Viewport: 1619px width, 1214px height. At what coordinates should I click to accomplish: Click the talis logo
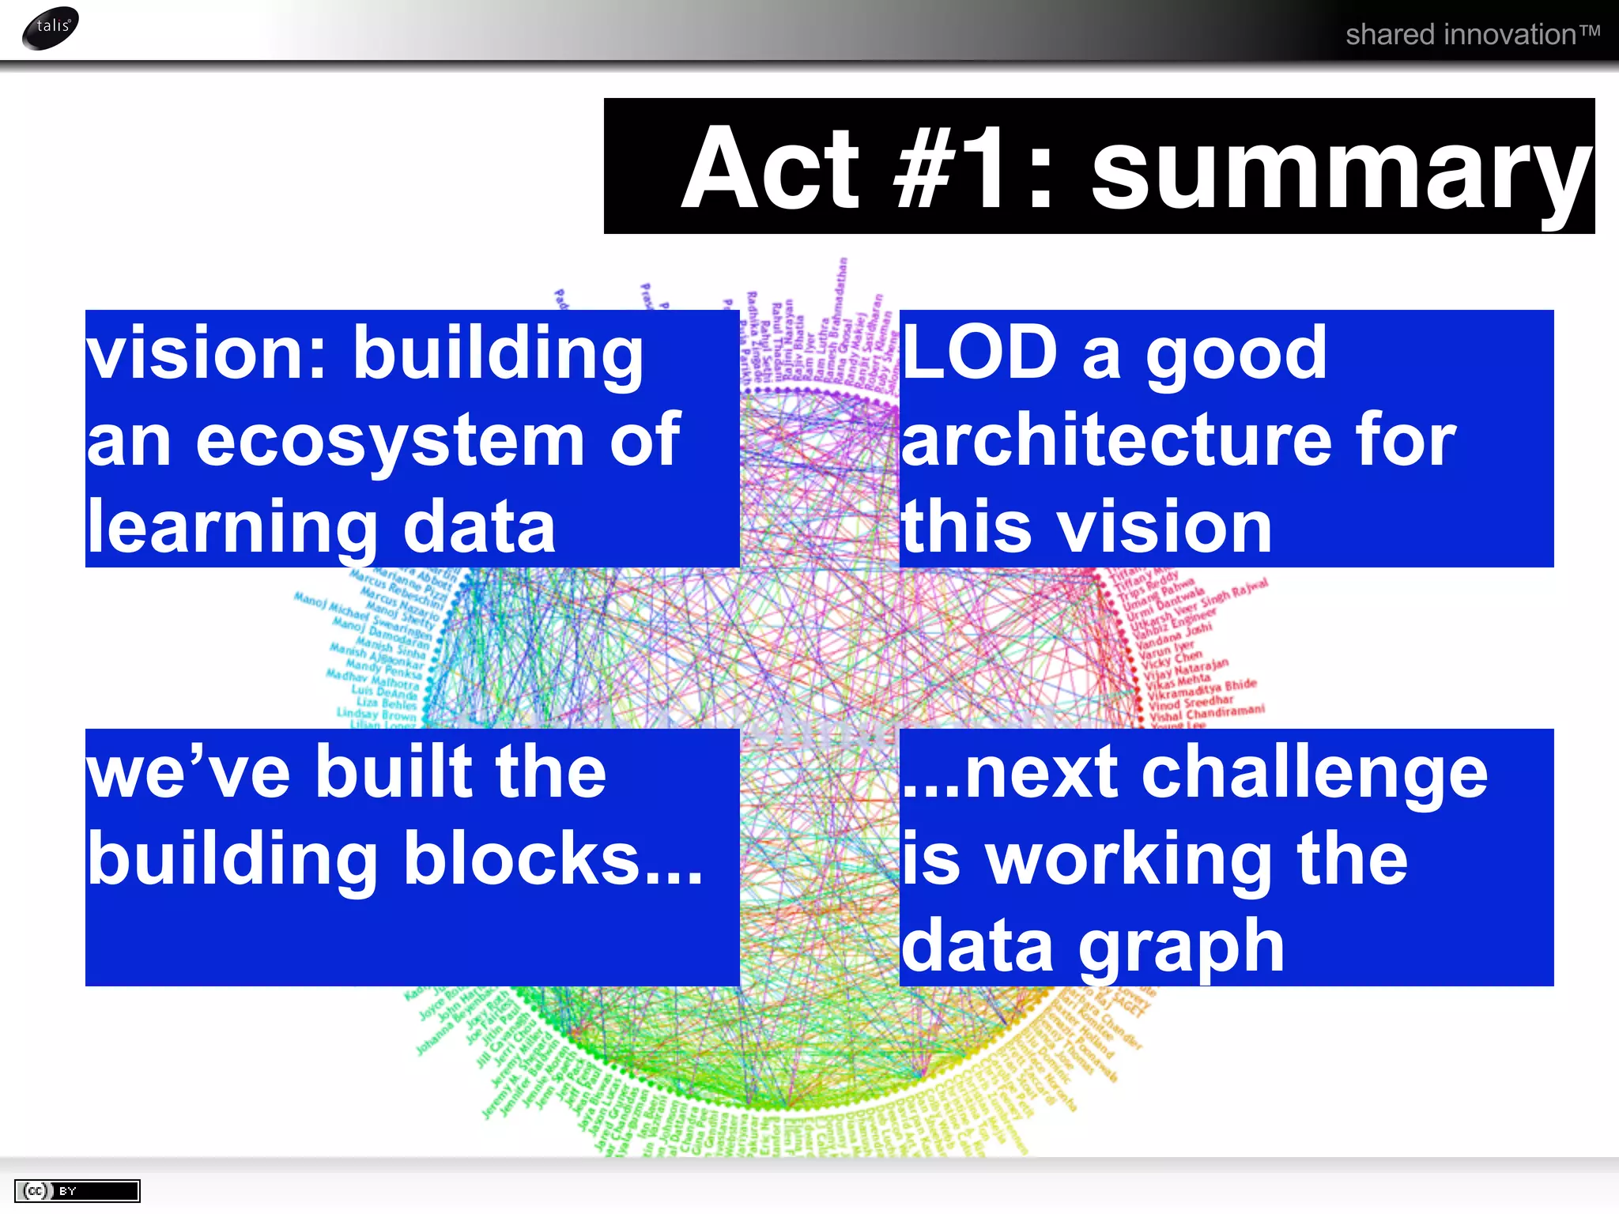(51, 28)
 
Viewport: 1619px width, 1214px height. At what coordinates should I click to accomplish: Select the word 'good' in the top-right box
(1236, 353)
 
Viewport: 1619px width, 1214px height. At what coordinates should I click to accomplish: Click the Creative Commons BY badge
(77, 1190)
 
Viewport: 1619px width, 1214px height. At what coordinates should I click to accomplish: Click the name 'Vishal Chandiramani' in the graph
(1207, 713)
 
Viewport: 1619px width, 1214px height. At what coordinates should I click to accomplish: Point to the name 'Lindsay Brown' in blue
(377, 714)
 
